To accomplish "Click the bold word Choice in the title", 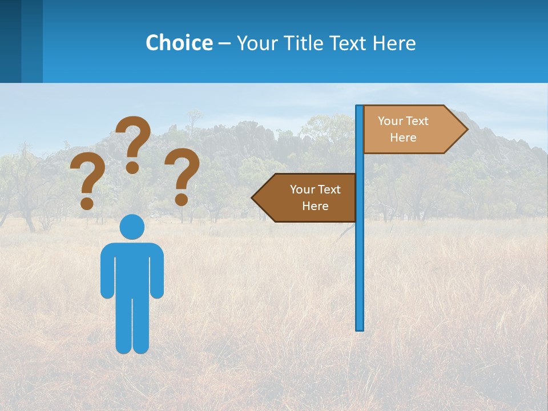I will [x=179, y=43].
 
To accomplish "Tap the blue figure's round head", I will [x=132, y=227].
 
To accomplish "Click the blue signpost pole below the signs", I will [x=360, y=274].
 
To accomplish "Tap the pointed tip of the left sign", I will [x=253, y=198].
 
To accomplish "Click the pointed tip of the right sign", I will [x=466, y=129].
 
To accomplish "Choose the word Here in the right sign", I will [x=403, y=138].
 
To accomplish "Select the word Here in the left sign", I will [x=315, y=206].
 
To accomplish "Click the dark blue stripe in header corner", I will [x=10, y=41].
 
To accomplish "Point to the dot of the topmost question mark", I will [x=132, y=167].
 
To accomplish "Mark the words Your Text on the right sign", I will [x=403, y=121].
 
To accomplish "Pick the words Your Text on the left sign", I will [x=315, y=190].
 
